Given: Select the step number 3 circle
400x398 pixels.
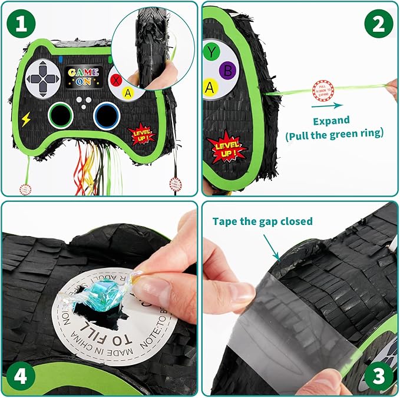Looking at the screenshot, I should pyautogui.click(x=377, y=375).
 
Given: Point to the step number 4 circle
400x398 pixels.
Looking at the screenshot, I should pyautogui.click(x=22, y=375).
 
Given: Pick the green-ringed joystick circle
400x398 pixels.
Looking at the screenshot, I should pyautogui.click(x=60, y=114).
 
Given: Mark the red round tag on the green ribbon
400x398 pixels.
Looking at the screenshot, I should pyautogui.click(x=323, y=91).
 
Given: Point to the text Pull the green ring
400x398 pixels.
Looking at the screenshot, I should pyautogui.click(x=334, y=134).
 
